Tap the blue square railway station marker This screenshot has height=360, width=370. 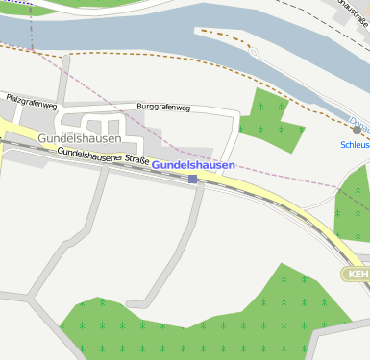[193, 179]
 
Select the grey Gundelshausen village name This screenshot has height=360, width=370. [80, 138]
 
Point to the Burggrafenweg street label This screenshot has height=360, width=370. [164, 107]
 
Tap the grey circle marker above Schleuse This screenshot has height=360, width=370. [357, 130]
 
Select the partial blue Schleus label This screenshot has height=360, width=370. [355, 144]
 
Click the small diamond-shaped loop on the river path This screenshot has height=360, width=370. [254, 53]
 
